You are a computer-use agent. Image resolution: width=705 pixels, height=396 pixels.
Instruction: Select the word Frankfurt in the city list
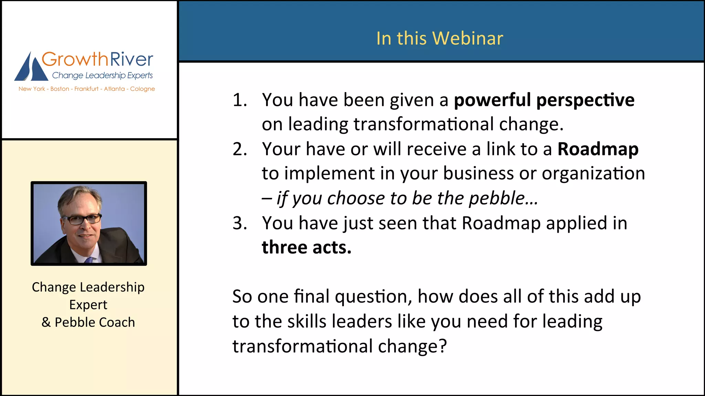(86, 89)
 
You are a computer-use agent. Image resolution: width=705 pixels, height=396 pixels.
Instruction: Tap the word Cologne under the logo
(142, 89)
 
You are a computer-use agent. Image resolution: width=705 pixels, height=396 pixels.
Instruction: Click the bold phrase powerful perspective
(544, 100)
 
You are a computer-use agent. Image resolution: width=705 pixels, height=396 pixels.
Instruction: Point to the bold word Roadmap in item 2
(598, 149)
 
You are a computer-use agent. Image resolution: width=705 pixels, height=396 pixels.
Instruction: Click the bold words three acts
(306, 247)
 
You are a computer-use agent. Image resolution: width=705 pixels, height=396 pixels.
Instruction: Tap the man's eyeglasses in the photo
(82, 219)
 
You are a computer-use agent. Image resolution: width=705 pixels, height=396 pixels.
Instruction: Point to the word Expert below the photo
(88, 305)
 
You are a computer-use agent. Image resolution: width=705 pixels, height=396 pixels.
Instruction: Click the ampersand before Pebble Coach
(46, 322)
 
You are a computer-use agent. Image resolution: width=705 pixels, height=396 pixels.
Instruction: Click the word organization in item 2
(593, 173)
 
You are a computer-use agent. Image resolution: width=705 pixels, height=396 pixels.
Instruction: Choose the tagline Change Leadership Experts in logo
(102, 75)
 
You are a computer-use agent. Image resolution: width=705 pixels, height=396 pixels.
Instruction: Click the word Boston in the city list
(60, 89)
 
